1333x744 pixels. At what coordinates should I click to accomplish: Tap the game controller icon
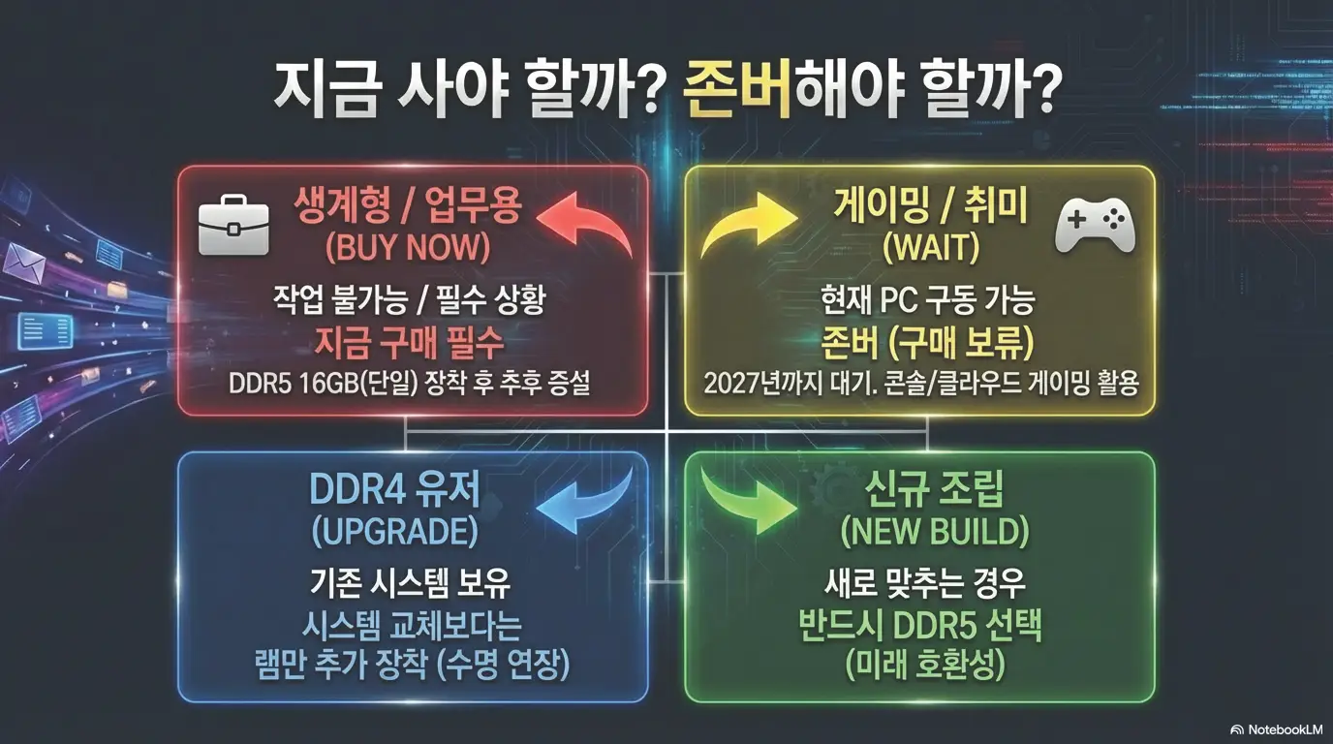pos(1095,226)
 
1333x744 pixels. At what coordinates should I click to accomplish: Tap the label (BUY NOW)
pos(408,248)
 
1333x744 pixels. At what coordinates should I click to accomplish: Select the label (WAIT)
pos(931,248)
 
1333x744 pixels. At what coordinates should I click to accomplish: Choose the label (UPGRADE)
pos(394,531)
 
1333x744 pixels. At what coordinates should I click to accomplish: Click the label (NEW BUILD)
pos(934,531)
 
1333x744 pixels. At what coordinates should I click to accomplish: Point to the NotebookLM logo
pos(1276,728)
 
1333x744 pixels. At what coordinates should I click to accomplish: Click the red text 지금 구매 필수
pos(408,342)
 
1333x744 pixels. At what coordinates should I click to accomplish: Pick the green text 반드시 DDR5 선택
pos(919,625)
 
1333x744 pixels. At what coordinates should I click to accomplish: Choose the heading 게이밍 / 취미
pos(930,205)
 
